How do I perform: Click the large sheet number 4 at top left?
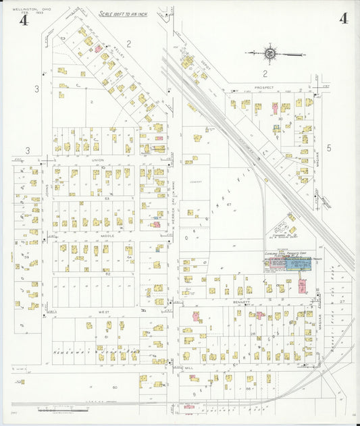(x=24, y=20)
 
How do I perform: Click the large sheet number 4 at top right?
(x=343, y=18)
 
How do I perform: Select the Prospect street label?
(x=264, y=87)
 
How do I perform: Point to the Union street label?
(x=98, y=160)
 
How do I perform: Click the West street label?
(x=104, y=313)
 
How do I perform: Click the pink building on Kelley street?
(x=98, y=49)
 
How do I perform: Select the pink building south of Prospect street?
(x=274, y=107)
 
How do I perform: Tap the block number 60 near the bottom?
(x=115, y=387)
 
